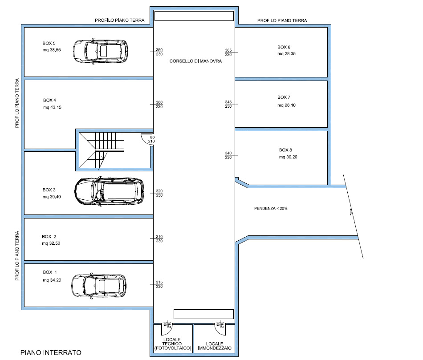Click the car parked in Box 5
100,51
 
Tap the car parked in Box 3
109,191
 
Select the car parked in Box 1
99,286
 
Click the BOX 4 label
49,100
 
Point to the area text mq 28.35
286,54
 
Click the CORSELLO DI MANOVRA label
195,61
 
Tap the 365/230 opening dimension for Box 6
228,53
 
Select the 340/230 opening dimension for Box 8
228,155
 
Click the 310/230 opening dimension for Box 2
159,239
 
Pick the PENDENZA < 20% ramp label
271,208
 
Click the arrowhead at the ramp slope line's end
351,212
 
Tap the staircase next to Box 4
102,150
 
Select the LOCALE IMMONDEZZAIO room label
215,346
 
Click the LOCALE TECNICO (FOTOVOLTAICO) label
173,344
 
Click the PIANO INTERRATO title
51,352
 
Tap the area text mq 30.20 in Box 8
288,157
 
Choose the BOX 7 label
284,97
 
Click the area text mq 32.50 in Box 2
51,243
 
